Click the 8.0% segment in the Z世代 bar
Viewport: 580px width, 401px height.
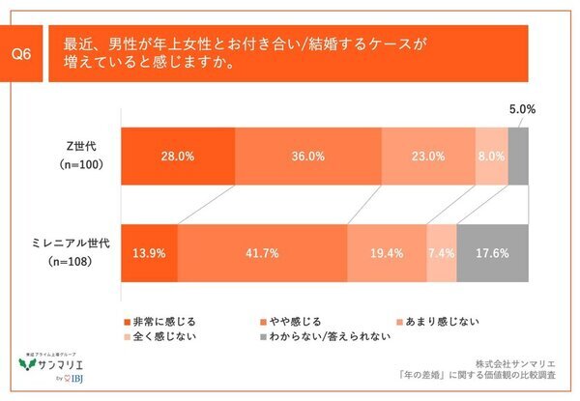(490, 156)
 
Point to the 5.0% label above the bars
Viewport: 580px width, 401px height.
(521, 109)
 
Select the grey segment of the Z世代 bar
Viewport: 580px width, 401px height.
(517, 156)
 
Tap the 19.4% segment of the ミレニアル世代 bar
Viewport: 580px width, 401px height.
(385, 255)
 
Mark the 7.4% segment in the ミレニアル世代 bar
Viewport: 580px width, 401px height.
(440, 255)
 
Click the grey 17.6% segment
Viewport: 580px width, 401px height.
(492, 255)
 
